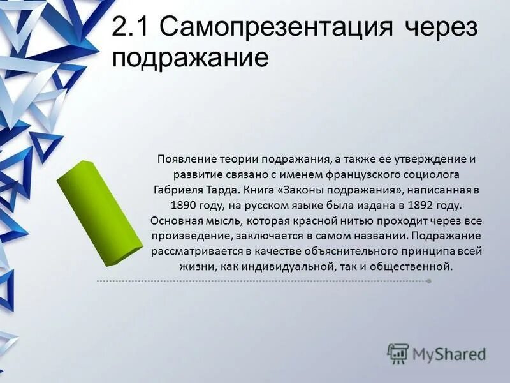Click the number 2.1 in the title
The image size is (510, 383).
pyautogui.click(x=131, y=29)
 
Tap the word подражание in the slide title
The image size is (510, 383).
pyautogui.click(x=190, y=59)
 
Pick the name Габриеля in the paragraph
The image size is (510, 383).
pyautogui.click(x=178, y=190)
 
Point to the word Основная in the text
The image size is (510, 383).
pyautogui.click(x=171, y=220)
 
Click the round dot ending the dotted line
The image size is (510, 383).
pyautogui.click(x=428, y=281)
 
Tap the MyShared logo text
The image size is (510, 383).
pyautogui.click(x=449, y=353)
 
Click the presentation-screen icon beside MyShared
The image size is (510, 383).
pyautogui.click(x=398, y=353)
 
